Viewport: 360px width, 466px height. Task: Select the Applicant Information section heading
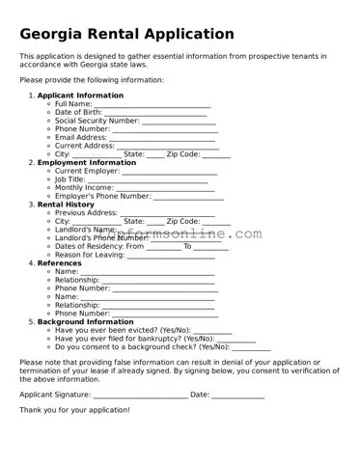pos(80,96)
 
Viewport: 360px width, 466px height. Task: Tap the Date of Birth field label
pos(80,112)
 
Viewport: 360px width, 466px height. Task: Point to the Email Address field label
pos(80,137)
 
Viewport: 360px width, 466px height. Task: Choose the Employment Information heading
pos(86,162)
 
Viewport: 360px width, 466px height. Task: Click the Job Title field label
pos(70,178)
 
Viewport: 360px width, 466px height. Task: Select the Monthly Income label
pos(84,187)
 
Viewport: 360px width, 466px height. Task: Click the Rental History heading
pos(66,205)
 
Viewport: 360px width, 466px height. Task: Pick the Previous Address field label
pos(86,212)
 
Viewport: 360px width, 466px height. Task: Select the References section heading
pos(61,263)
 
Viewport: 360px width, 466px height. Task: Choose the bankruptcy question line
pos(134,339)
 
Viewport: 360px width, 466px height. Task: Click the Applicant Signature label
pos(55,395)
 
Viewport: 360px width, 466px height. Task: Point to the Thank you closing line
pos(74,409)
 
